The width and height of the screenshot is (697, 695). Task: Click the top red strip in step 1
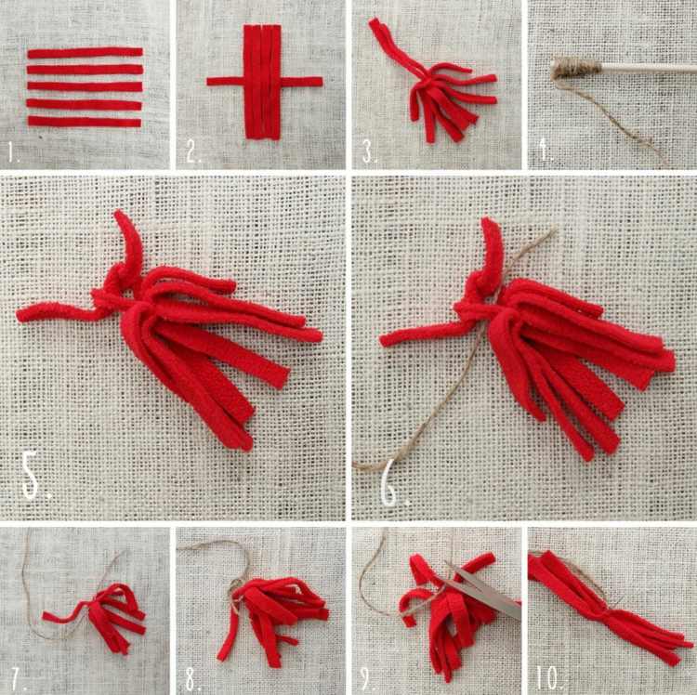(85, 53)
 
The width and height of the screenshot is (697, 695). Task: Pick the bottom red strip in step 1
(85, 122)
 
